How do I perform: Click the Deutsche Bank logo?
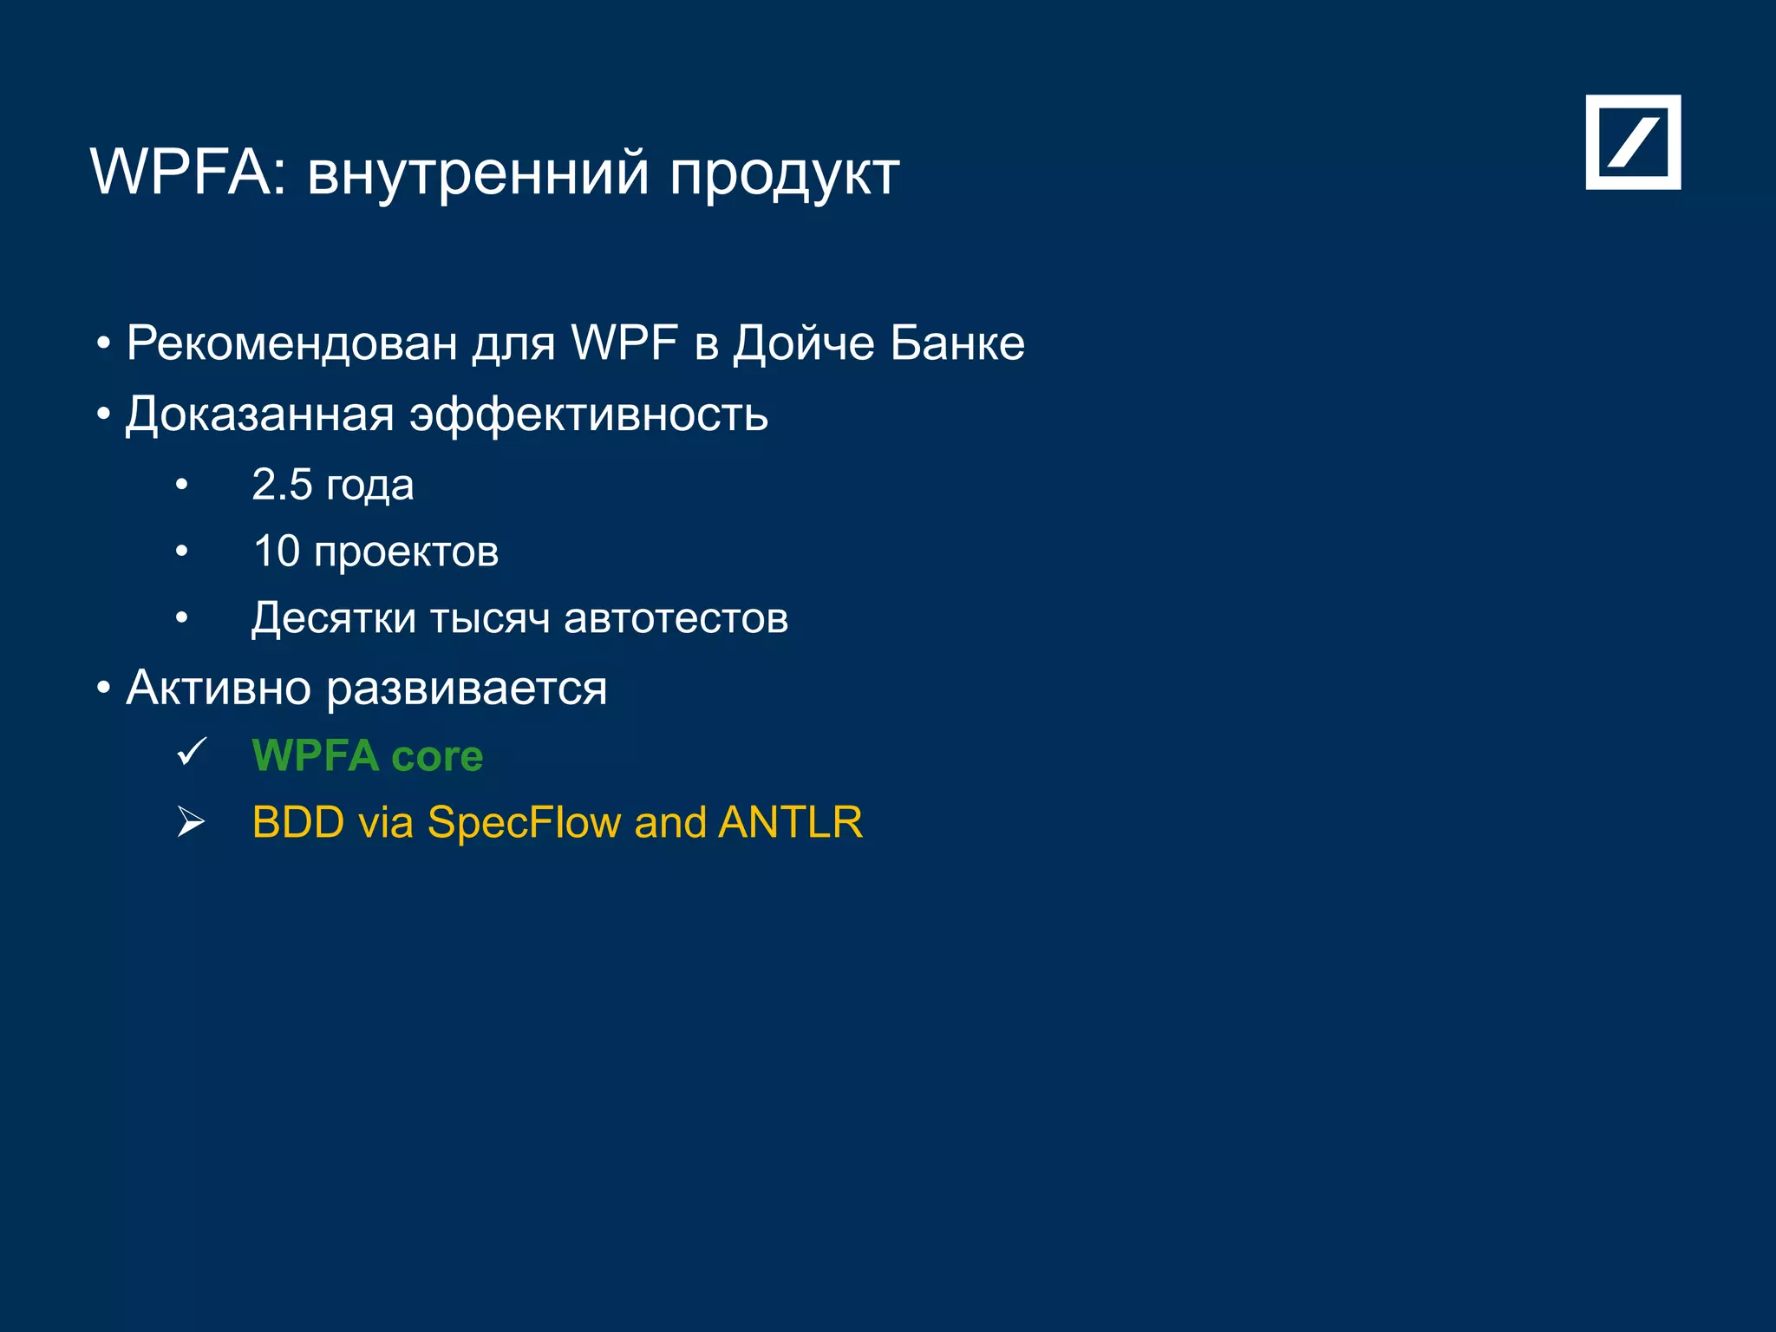(1633, 142)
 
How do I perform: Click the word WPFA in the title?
(181, 172)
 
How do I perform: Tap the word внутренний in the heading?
(478, 172)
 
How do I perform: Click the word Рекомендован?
(292, 343)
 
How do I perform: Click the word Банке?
(957, 343)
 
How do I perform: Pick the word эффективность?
(589, 415)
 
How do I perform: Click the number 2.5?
(282, 485)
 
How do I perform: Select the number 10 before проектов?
(277, 552)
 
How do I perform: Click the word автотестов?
(676, 618)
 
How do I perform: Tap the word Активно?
(219, 689)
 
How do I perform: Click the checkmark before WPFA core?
(192, 752)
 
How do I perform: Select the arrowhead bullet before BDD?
(191, 821)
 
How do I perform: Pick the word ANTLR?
(790, 822)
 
